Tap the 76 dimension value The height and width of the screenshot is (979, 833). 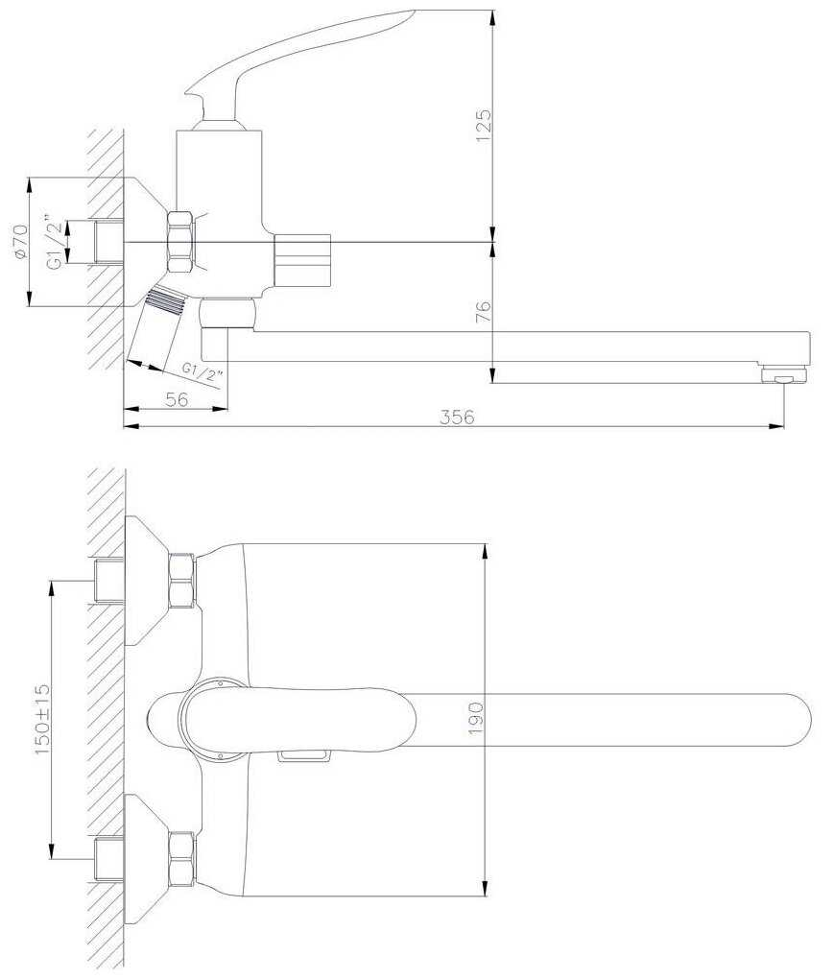[x=483, y=312]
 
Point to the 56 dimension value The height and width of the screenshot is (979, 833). [x=176, y=399]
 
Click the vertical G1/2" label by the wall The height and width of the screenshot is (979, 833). [x=58, y=244]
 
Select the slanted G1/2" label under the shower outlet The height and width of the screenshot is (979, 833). [x=202, y=370]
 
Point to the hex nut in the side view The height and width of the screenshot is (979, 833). [x=180, y=242]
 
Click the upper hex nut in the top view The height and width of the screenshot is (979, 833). [x=181, y=580]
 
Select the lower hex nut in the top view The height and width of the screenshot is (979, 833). [x=181, y=859]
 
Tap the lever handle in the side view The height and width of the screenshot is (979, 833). [x=288, y=58]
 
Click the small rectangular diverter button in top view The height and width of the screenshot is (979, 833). [x=301, y=756]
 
